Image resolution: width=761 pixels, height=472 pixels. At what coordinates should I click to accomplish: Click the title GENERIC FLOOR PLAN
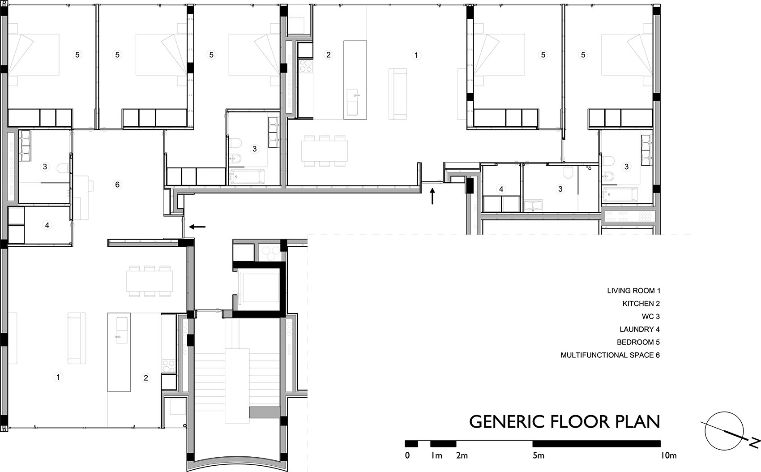(x=564, y=422)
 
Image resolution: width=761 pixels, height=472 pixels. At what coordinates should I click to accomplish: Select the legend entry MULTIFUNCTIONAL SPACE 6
(x=610, y=355)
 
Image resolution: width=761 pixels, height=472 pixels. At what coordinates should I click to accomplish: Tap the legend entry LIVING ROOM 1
(x=633, y=291)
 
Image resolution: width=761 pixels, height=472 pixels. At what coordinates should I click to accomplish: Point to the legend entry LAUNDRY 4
(x=639, y=329)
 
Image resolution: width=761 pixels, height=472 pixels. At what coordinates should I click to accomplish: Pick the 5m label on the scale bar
(x=538, y=456)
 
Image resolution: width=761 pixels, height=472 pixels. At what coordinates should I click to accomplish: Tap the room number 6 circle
(x=117, y=185)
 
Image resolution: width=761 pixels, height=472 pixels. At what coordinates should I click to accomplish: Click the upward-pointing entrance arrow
(x=432, y=197)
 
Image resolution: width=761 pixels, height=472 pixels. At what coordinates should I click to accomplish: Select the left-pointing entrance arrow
(x=197, y=227)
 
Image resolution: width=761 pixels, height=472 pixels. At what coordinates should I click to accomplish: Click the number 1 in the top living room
(x=416, y=55)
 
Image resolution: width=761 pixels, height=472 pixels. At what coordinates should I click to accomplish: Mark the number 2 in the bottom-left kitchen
(x=145, y=378)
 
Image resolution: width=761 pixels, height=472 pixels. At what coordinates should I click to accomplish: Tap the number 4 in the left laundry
(x=47, y=225)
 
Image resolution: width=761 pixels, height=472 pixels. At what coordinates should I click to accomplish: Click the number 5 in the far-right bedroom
(x=583, y=55)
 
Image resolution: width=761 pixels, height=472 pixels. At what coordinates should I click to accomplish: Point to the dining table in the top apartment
(x=325, y=151)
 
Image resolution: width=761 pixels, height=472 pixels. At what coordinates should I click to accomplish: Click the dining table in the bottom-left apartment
(x=150, y=281)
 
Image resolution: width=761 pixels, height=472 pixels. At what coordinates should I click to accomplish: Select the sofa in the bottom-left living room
(x=77, y=338)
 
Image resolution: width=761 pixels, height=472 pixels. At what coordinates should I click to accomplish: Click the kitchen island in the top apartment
(x=355, y=80)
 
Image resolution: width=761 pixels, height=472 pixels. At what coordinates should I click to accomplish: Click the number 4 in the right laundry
(x=501, y=189)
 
